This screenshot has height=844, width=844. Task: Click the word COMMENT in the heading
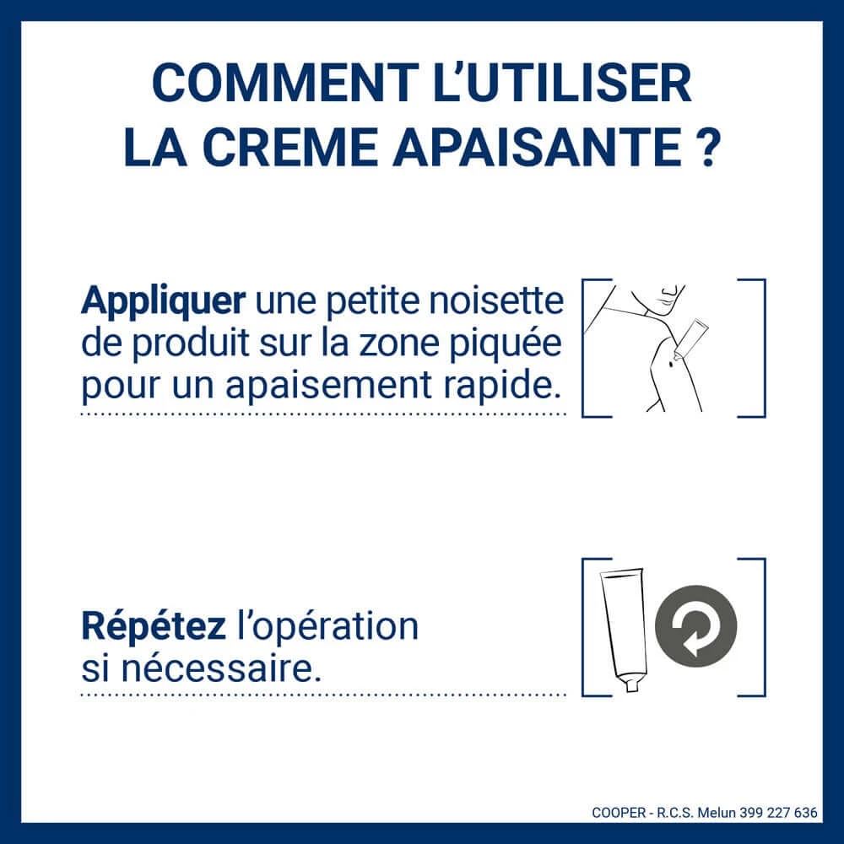coord(285,83)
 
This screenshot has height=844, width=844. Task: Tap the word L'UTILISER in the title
coord(562,83)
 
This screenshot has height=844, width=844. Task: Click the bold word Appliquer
coord(163,302)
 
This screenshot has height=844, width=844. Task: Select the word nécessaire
coord(220,668)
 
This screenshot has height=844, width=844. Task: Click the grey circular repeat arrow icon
coord(696,626)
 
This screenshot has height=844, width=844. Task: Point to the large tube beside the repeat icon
coord(625,630)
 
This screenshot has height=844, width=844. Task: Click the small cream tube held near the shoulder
coord(690,338)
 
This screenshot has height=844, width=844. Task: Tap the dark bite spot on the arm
coord(671,366)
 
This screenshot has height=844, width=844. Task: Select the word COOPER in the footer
coord(619,812)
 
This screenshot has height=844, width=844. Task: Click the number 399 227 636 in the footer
coord(778,812)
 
